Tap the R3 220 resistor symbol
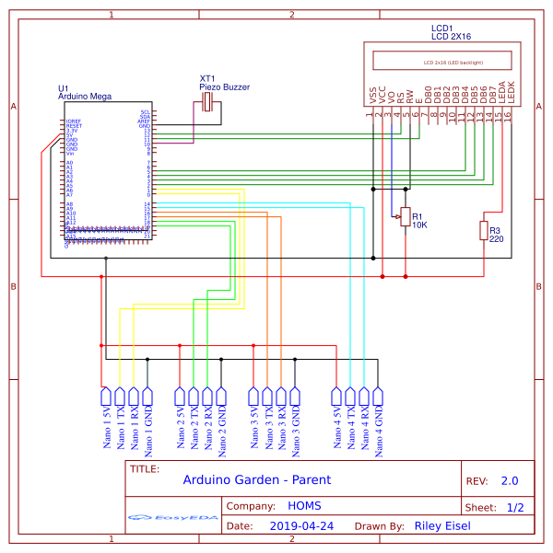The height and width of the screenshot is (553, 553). (x=484, y=230)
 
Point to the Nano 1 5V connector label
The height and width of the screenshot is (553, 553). (x=106, y=428)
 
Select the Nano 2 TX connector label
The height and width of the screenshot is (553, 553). (x=194, y=428)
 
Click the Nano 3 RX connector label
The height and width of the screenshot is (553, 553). (x=281, y=428)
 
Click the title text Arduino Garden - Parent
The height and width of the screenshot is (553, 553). (x=256, y=479)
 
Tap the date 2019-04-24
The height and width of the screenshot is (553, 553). (x=302, y=527)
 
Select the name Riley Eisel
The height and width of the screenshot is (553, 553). (x=442, y=527)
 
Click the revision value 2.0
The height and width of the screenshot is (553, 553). (x=509, y=480)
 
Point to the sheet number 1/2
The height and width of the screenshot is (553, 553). (x=514, y=507)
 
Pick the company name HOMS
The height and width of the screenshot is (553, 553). (x=304, y=506)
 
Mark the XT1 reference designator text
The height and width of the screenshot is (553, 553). (x=207, y=78)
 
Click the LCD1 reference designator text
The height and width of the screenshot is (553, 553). (x=441, y=29)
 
